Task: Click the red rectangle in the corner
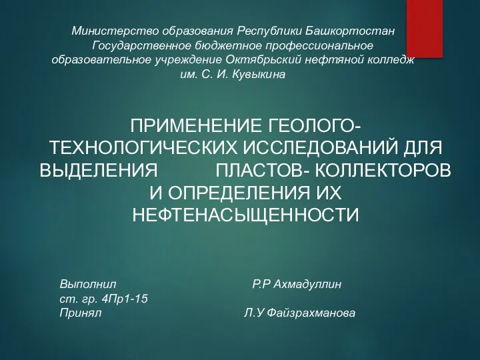tap(425, 29)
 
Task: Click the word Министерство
tap(115, 31)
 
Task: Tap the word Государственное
tap(142, 45)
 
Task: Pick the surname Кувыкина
tap(259, 74)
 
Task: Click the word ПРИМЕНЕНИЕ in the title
tap(196, 126)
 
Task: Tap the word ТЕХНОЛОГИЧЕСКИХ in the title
tap(143, 148)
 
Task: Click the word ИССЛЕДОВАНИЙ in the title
tap(317, 148)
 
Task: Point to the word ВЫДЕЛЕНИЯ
tap(99, 170)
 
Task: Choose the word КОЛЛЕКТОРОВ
tap(383, 170)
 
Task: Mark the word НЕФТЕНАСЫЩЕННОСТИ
tap(245, 215)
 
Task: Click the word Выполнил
tap(88, 285)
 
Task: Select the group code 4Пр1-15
tap(124, 299)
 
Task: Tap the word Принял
tap(81, 313)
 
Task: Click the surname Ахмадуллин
tap(307, 285)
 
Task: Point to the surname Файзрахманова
tap(311, 313)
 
